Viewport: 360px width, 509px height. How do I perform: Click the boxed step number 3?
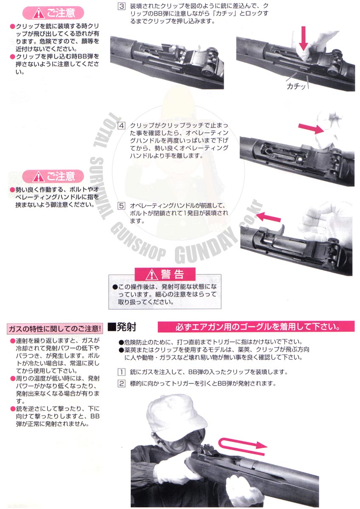[x=121, y=6]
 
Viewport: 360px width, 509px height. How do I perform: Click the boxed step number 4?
[x=121, y=126]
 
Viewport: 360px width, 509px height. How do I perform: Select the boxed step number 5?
[x=121, y=206]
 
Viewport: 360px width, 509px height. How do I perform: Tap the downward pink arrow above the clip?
[x=303, y=38]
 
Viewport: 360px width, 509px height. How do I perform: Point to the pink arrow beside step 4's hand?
[x=311, y=129]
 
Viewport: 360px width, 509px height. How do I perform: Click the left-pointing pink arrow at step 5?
[x=268, y=217]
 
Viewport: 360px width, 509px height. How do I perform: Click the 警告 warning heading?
[x=172, y=274]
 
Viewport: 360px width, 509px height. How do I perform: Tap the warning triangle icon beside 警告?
[x=152, y=275]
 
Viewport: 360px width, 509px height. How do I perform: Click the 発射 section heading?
[x=122, y=327]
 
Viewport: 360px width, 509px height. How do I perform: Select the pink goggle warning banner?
[x=256, y=327]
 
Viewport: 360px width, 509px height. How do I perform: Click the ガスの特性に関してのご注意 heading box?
[x=55, y=329]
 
